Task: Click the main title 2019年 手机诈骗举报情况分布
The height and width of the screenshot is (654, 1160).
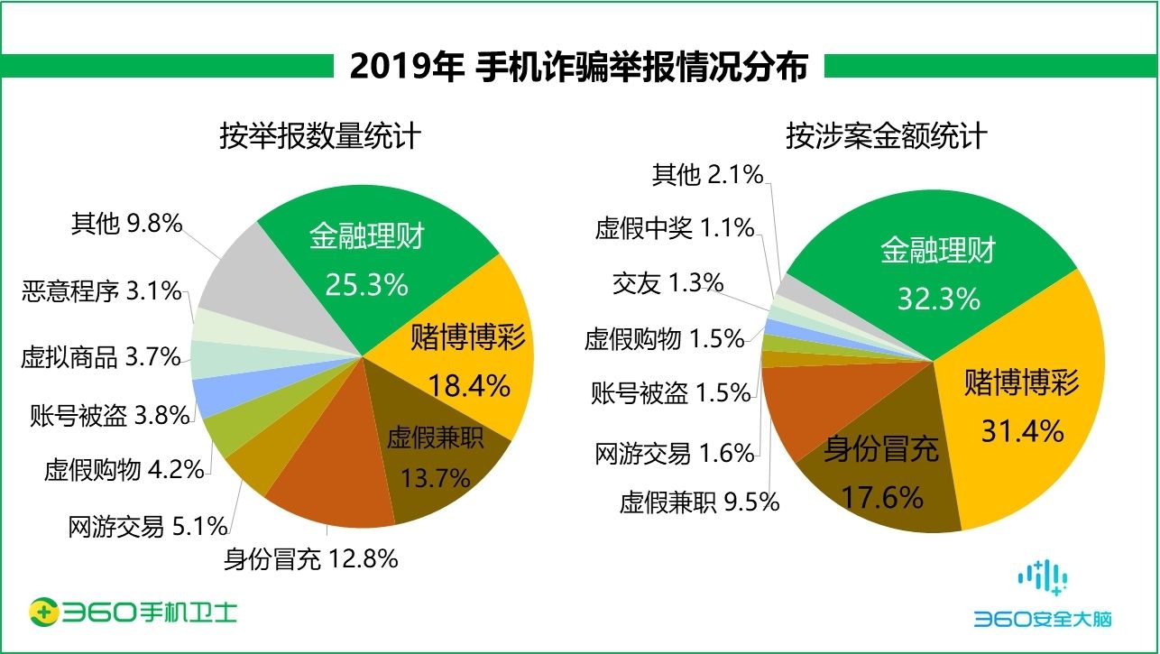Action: coord(578,67)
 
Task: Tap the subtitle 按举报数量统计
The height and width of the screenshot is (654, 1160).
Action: coord(320,136)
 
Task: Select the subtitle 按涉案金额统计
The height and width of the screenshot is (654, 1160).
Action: coord(886,136)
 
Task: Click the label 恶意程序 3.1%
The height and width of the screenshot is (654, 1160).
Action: coord(101,291)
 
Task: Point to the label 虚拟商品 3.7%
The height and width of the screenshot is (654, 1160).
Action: coord(101,357)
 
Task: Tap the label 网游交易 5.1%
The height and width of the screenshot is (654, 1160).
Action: coord(147,526)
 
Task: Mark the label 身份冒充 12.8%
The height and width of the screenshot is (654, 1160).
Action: coord(310,559)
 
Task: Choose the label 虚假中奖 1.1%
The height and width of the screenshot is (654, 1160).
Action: coord(674,229)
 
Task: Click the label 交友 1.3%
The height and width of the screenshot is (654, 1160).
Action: coord(667,283)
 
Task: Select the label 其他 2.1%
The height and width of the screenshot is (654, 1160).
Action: coord(708,175)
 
